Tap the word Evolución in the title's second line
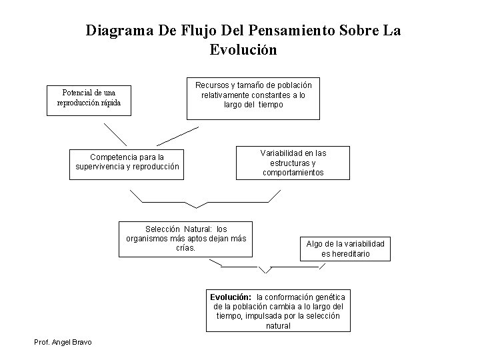243,50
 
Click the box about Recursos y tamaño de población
253,96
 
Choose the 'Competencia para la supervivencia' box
126,162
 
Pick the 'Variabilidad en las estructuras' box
293,163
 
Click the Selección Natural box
186,239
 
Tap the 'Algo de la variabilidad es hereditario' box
345,249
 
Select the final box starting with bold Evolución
277,311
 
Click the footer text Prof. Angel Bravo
63,342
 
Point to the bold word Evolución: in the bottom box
231,297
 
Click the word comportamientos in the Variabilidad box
293,173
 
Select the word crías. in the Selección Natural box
185,248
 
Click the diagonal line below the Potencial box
115,133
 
